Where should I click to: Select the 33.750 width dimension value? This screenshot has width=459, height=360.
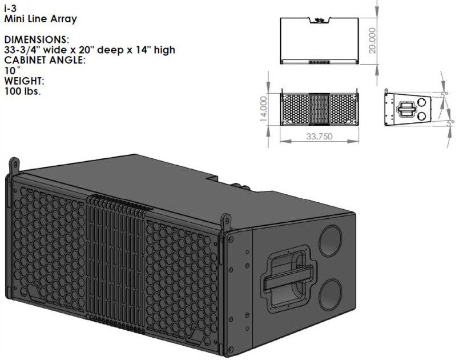[x=320, y=137]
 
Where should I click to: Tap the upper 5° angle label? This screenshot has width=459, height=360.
[x=446, y=94]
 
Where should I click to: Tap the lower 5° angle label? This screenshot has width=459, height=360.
[x=448, y=121]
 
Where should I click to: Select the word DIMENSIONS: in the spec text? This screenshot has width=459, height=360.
[x=36, y=40]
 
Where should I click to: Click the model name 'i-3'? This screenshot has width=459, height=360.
[x=10, y=9]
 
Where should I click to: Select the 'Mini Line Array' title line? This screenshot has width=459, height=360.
[x=40, y=19]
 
